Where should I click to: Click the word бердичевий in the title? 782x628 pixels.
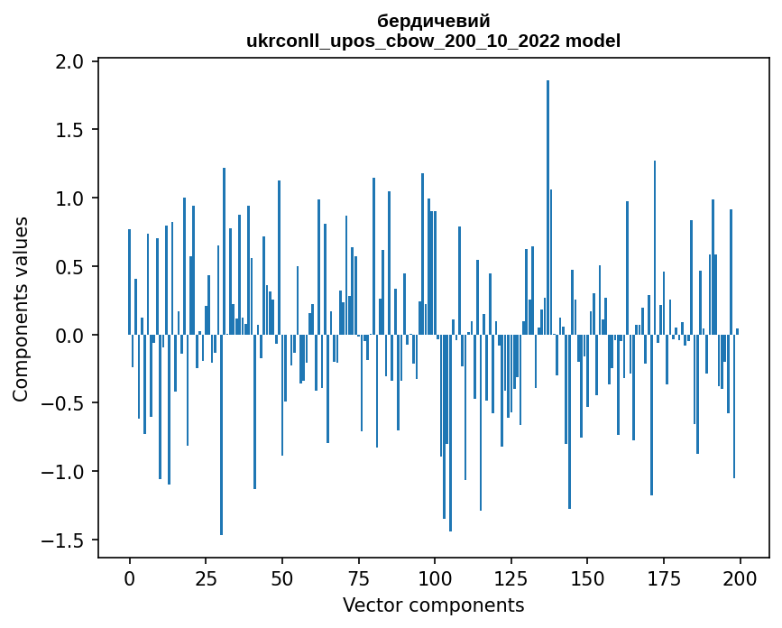434,22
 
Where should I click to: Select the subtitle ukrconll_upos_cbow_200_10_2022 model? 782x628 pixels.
434,41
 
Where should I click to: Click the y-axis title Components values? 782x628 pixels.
21,309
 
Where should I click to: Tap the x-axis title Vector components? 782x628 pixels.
434,605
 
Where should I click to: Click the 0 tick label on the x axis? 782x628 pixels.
129,577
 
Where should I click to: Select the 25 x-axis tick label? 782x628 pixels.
206,577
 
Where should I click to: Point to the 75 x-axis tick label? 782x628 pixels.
358,577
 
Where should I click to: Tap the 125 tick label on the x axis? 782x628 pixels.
511,577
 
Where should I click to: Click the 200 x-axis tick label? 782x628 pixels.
740,577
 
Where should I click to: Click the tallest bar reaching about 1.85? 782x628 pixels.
547,208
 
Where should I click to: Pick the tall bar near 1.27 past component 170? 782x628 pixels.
655,248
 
